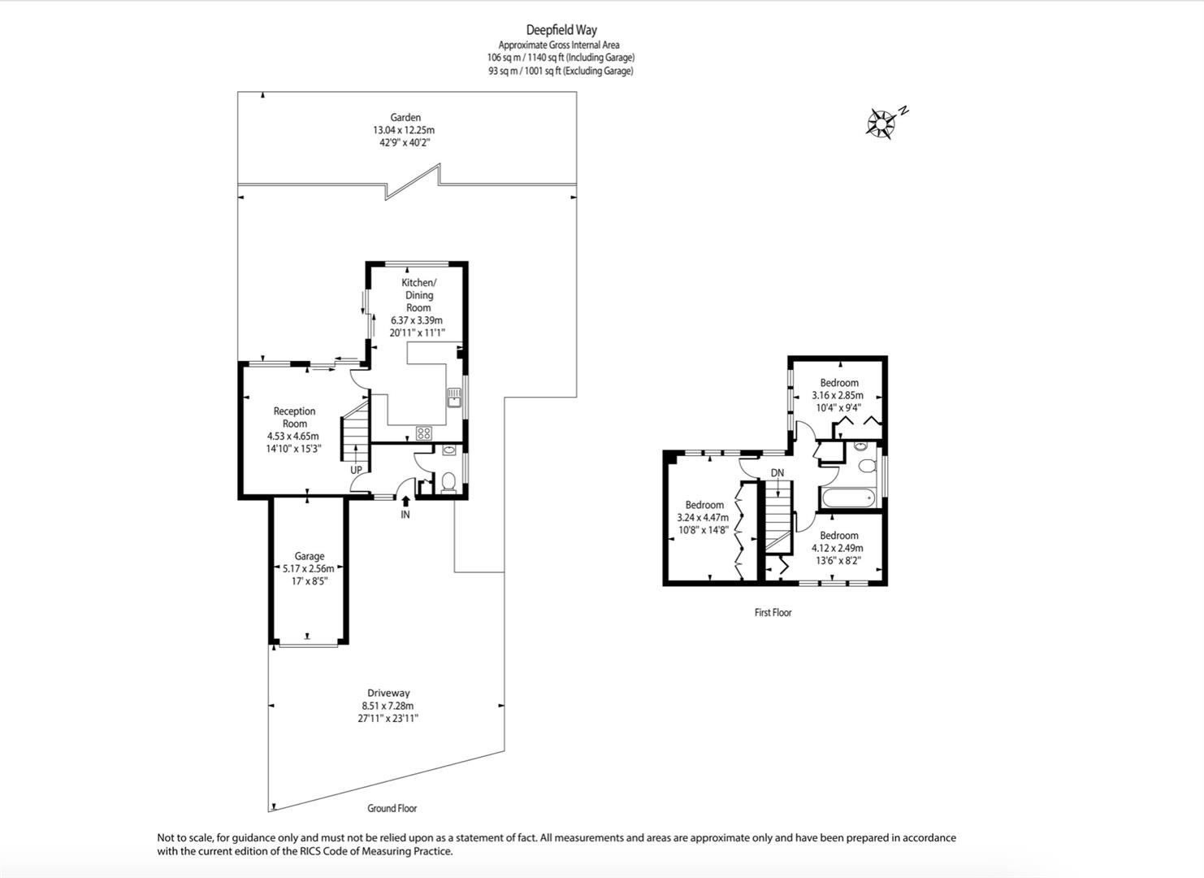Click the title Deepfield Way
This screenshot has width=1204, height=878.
point(561,30)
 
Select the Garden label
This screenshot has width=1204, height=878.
point(405,117)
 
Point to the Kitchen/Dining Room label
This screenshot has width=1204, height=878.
point(418,295)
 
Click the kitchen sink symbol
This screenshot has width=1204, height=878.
point(454,398)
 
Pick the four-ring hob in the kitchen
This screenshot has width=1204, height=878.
point(423,432)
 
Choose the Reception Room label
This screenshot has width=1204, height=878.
point(294,417)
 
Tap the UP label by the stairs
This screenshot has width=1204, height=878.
point(356,470)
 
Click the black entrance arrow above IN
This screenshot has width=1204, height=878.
point(405,501)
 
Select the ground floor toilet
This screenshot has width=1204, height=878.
point(447,483)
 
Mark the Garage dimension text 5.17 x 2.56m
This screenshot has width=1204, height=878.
point(309,568)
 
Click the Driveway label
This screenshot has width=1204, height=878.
point(388,693)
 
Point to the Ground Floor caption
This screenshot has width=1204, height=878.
point(392,808)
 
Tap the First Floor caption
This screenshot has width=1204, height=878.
point(773,612)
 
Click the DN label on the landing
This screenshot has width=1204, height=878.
point(777,472)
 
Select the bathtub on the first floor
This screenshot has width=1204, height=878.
point(847,498)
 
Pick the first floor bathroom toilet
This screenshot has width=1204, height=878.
point(867,466)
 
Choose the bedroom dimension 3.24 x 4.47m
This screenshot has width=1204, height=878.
point(703,517)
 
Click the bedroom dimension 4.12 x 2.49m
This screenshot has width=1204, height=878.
point(838,548)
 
